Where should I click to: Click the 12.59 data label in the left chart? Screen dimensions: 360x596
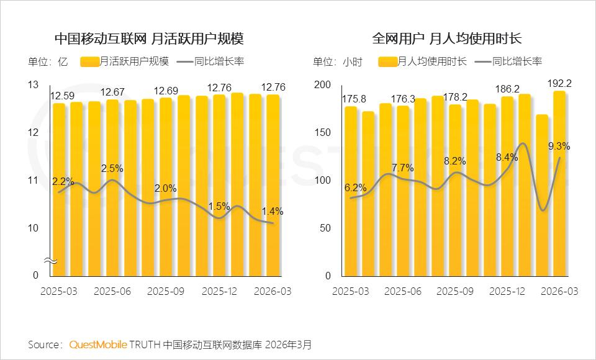[63, 96]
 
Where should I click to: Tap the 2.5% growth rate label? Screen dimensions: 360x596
[112, 168]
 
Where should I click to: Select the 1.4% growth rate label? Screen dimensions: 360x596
[273, 212]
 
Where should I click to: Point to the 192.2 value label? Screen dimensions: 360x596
[559, 83]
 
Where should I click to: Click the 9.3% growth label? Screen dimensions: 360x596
[559, 146]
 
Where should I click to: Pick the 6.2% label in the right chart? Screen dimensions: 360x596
[355, 188]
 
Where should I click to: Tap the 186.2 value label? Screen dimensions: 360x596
[507, 89]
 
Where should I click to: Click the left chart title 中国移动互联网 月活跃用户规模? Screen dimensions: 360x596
[149, 38]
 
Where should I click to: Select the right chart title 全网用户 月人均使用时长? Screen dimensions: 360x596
[447, 38]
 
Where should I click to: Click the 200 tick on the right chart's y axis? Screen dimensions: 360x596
[324, 85]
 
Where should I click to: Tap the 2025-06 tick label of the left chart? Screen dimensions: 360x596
[112, 290]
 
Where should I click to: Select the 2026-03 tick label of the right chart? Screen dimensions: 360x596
[559, 290]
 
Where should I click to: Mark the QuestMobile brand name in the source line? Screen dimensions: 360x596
[99, 344]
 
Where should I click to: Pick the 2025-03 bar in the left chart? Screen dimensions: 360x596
[59, 189]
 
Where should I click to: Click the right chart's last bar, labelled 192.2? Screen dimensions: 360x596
[559, 183]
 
